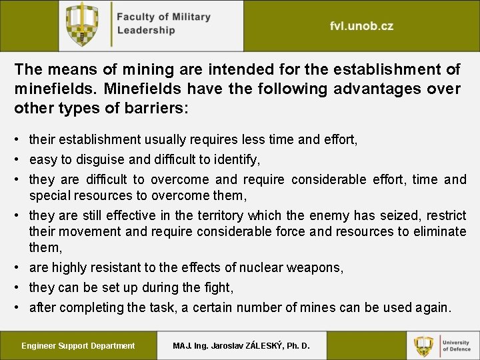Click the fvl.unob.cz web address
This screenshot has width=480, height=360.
tap(361, 27)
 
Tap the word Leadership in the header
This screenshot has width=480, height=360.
tap(146, 30)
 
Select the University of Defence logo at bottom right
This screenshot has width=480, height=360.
tap(443, 345)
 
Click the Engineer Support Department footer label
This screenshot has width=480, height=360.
tap(78, 345)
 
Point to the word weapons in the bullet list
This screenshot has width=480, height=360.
tap(315, 267)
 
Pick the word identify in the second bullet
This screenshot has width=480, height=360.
tap(237, 159)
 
